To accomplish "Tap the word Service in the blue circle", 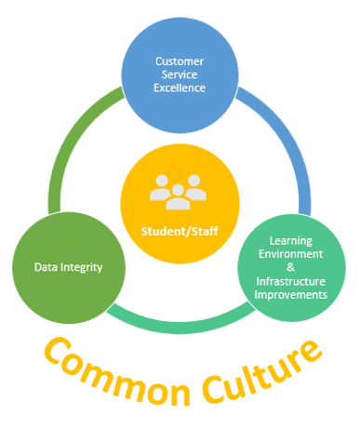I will tap(180, 74).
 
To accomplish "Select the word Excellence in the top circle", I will tap(180, 88).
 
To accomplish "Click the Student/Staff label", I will tap(180, 231).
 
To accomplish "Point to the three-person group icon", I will tap(180, 192).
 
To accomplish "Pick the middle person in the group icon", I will tap(180, 189).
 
